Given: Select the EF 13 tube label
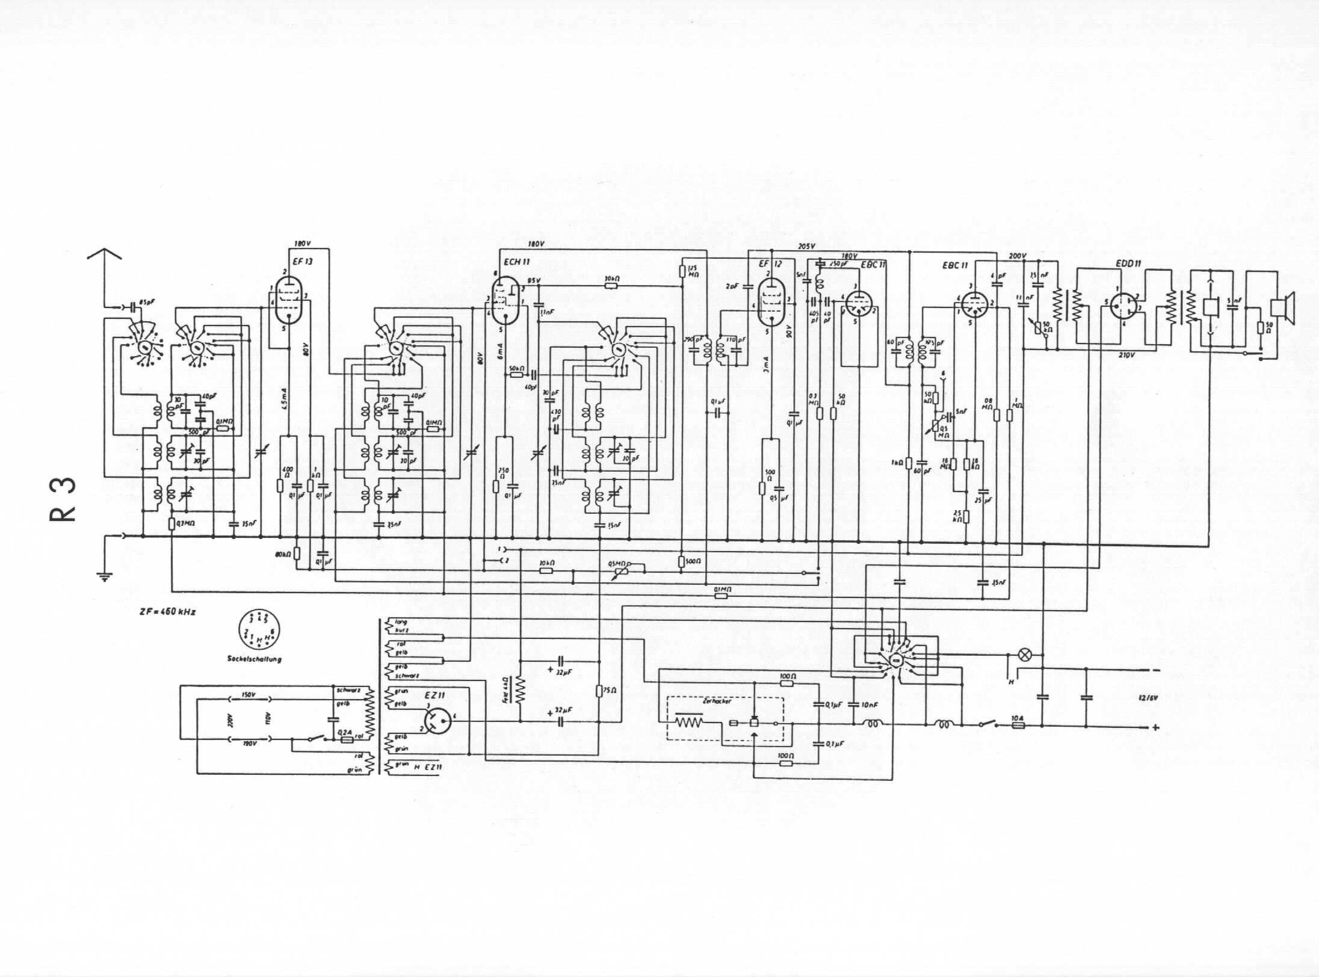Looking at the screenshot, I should click(303, 262).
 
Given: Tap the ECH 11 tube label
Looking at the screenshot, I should click(516, 262).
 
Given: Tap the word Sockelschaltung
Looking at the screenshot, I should click(254, 659).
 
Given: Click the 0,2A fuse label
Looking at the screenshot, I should click(345, 733).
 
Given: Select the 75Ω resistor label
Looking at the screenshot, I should click(610, 691).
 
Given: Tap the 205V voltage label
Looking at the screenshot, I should click(806, 246).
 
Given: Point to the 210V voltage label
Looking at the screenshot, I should click(1126, 355).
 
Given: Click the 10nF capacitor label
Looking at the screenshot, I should click(870, 704).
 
